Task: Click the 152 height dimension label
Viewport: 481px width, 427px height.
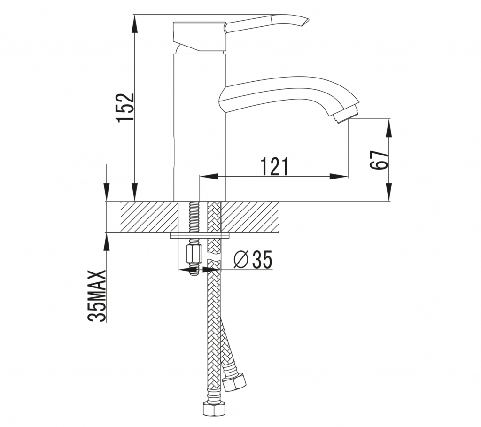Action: coord(126,108)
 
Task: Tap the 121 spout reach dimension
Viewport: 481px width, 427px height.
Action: coord(274,167)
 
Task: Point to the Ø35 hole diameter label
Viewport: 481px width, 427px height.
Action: coord(253,259)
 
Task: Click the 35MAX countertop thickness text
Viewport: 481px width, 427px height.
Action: coord(97,296)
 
